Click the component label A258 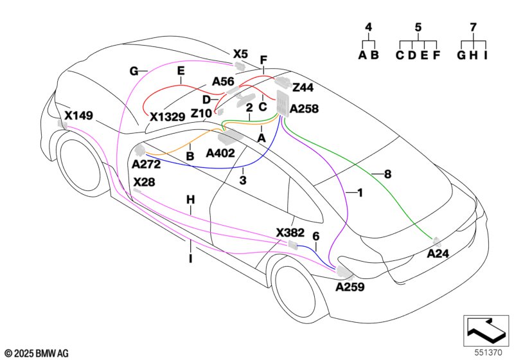coord(304,109)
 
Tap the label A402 coord(220,153)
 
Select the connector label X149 coord(78,116)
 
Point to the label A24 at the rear coord(438,253)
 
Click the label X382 coord(290,233)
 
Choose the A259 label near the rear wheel coord(350,287)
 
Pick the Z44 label coord(303,87)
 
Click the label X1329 coord(168,117)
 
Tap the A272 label coord(146,165)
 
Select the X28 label coord(144,182)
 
